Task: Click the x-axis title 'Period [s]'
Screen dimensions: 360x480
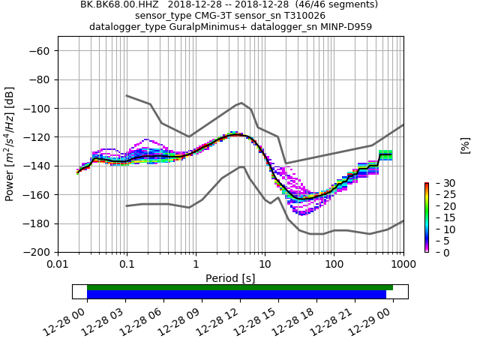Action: click(230, 278)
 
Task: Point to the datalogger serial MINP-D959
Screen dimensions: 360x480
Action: click(340, 27)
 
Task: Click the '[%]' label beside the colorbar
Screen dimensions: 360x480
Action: click(465, 145)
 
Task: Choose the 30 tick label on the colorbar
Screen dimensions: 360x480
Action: click(439, 183)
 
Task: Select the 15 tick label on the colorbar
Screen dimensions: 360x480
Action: click(439, 217)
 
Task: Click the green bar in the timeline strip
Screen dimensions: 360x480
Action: click(240, 287)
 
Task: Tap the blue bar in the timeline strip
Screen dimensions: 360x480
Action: click(236, 295)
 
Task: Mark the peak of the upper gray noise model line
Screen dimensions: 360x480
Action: click(241, 103)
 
